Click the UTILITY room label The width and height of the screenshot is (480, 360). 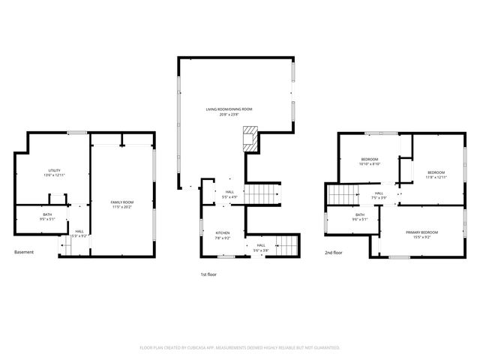(x=54, y=170)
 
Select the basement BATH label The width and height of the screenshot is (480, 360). (x=47, y=215)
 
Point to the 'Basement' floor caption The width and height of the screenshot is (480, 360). (x=24, y=252)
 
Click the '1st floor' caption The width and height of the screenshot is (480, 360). (x=208, y=275)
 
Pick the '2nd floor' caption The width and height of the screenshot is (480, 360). (x=334, y=253)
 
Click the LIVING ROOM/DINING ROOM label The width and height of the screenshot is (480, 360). (x=229, y=109)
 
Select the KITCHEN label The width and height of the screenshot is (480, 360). (x=223, y=233)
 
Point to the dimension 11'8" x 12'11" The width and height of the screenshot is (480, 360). (x=436, y=178)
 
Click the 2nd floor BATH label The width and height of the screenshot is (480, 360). (x=360, y=215)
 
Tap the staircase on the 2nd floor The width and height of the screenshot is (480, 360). (x=341, y=196)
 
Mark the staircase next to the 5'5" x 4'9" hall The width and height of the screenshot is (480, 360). (x=264, y=193)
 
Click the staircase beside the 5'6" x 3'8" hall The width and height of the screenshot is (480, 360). (x=286, y=244)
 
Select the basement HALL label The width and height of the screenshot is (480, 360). (x=79, y=231)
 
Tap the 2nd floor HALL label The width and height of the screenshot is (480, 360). (x=379, y=193)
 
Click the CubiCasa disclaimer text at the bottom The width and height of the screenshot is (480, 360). (x=240, y=348)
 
